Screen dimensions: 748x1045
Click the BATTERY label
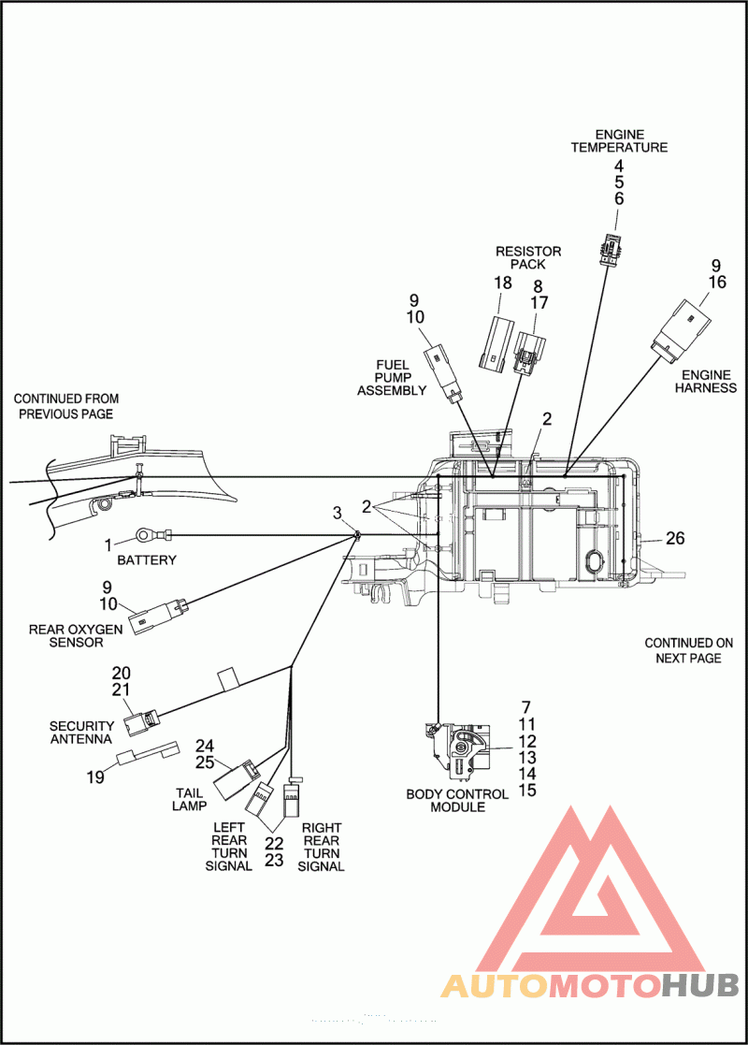pos(147,559)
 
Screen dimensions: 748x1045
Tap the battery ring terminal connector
pos(152,534)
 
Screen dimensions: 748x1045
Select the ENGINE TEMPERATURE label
pos(619,140)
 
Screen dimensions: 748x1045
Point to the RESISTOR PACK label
pos(528,257)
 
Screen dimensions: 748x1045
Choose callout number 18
pos(503,283)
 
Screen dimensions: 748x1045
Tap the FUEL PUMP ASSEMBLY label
pos(392,377)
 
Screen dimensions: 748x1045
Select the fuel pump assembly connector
pos(445,373)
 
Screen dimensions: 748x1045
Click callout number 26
pos(675,538)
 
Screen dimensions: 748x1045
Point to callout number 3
pos(337,514)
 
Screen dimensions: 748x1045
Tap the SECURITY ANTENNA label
pos(81,732)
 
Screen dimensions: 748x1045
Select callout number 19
pos(95,777)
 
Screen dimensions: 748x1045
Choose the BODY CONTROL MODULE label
pos(457,801)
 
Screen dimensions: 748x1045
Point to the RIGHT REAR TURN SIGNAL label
pos(321,847)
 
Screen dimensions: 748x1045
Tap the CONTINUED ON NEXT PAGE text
pos(689,650)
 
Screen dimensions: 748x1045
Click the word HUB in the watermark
pos(700,985)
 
